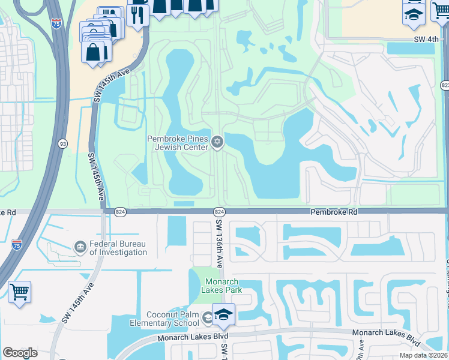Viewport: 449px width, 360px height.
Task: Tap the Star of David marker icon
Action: (x=217, y=142)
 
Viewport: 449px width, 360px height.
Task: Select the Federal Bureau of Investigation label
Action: (x=118, y=248)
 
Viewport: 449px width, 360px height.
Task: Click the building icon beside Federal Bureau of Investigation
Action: (x=80, y=247)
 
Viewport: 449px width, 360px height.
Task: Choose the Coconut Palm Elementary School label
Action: (x=173, y=319)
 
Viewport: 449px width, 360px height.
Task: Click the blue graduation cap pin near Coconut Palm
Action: (x=223, y=315)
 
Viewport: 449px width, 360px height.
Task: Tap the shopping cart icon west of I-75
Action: (x=20, y=293)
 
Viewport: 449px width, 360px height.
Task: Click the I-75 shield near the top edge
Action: (x=56, y=23)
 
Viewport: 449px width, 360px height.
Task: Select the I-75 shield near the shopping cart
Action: (x=17, y=244)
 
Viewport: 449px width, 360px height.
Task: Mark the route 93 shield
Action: (x=62, y=144)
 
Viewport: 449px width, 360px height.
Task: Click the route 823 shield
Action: (x=445, y=86)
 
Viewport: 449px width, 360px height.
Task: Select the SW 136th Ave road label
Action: (x=219, y=242)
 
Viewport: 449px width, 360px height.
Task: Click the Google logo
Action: (x=20, y=353)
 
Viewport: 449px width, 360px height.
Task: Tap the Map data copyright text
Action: (x=424, y=355)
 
